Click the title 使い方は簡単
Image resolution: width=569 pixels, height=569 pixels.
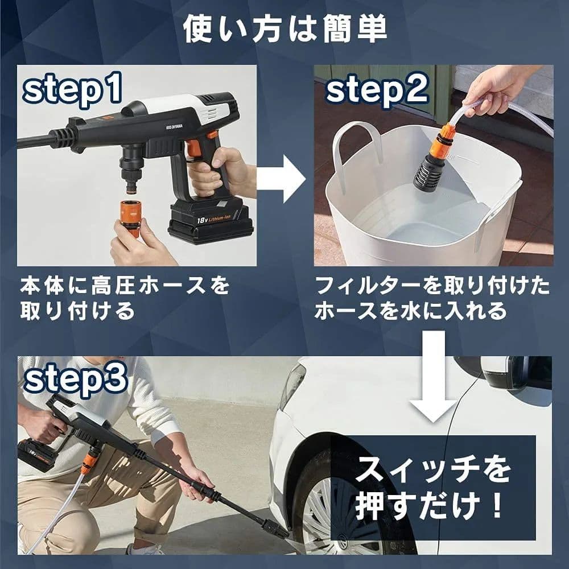284,30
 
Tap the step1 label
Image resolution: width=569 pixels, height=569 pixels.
72,91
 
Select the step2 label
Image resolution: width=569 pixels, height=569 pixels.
377,91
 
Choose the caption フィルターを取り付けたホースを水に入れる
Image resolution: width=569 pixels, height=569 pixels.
432,298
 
